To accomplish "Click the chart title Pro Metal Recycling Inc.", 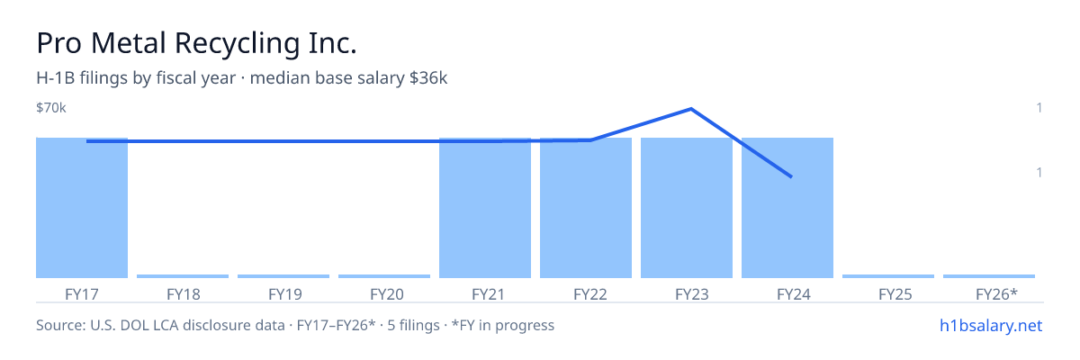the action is click(x=196, y=43).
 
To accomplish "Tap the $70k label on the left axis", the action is click(x=51, y=107).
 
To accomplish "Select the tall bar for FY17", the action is click(x=82, y=208).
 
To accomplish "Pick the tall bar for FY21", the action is click(x=485, y=208).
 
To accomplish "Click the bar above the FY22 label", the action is click(x=586, y=208).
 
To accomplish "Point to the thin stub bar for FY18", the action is click(x=183, y=276).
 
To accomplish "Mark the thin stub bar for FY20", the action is click(x=384, y=276).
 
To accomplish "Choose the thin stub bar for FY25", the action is click(x=888, y=276).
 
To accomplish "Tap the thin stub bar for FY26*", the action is click(x=989, y=276).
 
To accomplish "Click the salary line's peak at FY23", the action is click(x=691, y=109).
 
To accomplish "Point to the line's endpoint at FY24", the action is click(x=791, y=177).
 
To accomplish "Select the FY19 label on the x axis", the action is click(x=285, y=294).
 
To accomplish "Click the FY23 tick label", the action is click(x=692, y=294).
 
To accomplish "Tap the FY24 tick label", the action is click(x=794, y=294).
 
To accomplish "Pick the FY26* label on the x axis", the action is click(x=996, y=294).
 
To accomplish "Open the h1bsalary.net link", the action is click(x=991, y=326).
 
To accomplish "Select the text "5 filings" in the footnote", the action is click(x=413, y=326).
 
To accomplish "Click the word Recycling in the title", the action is click(x=238, y=44).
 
